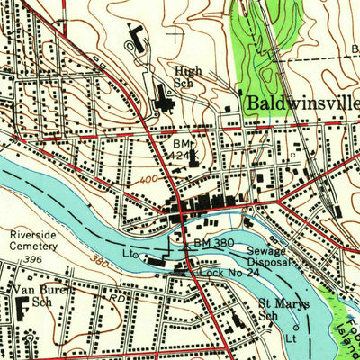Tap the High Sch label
tap(189, 75)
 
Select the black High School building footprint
tap(165, 98)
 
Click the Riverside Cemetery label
tap(33, 241)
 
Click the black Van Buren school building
tap(19, 310)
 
